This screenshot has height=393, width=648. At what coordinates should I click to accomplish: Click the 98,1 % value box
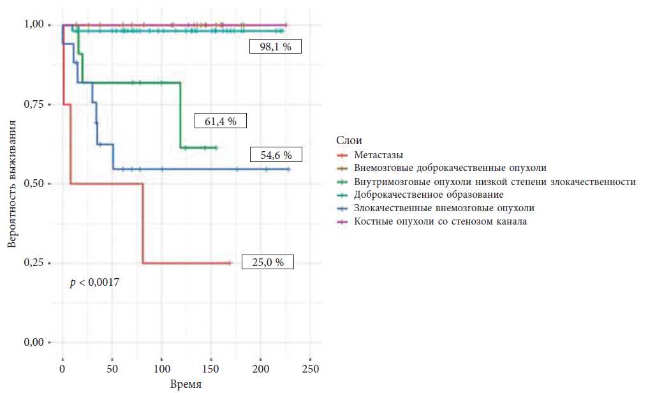pos(275,47)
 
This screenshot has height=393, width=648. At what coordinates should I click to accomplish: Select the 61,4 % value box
pos(220,121)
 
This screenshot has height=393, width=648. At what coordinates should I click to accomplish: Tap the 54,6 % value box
pos(276,154)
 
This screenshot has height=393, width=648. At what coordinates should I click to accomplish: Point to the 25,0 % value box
pos(268,262)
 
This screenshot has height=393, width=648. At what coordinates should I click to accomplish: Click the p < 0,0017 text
pos(94,281)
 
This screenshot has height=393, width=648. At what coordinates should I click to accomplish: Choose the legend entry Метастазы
pos(379,154)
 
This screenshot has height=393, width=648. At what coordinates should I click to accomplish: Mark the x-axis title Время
pos(186,385)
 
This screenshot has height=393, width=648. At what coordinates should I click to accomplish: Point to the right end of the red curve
pos(232,263)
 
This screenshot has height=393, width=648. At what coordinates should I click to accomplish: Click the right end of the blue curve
pos(290,169)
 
